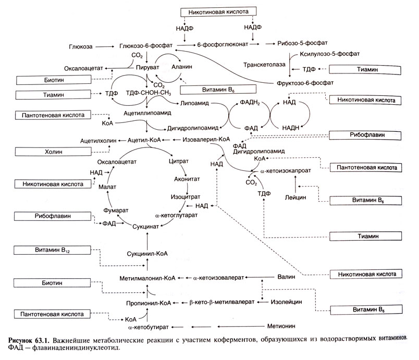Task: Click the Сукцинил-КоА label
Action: click(x=148, y=254)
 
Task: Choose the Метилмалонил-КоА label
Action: click(x=146, y=278)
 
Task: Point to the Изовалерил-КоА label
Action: click(x=207, y=140)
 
